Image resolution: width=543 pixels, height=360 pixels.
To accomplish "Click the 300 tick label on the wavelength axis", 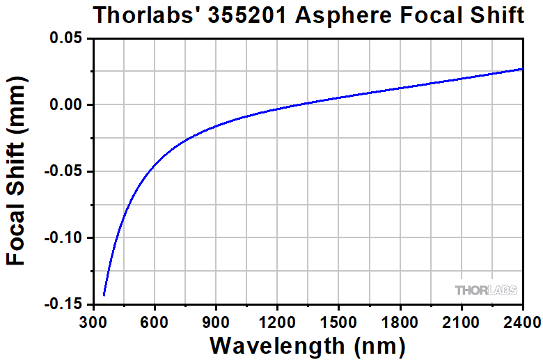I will (93, 322).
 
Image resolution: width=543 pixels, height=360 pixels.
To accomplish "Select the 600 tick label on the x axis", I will (155, 322).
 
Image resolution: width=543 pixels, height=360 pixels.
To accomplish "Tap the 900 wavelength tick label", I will (216, 322).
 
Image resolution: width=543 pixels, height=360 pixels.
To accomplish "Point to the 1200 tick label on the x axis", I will (277, 322).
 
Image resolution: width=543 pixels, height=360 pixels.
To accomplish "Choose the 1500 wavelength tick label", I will (338, 322).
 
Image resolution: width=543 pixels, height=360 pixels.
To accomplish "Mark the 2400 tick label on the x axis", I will (521, 322).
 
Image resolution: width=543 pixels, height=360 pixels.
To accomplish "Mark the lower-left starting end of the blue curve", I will (104, 295).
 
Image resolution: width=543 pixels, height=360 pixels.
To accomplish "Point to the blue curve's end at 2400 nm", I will (522, 69).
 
